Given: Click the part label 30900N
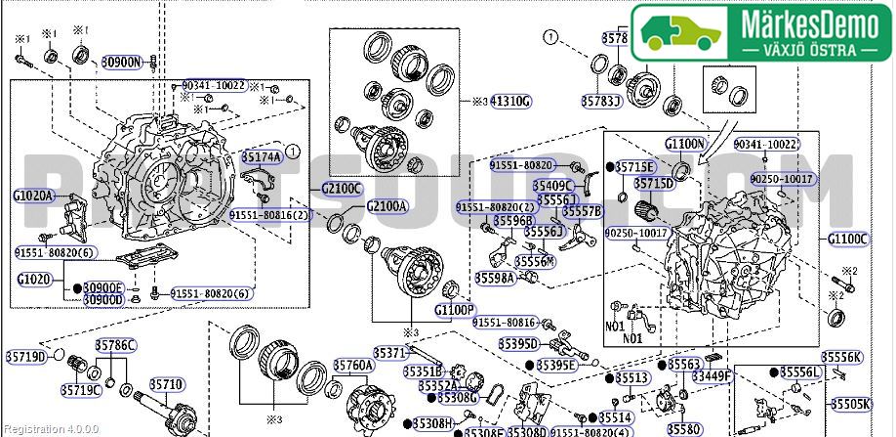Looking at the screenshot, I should click(122, 61).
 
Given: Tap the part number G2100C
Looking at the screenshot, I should click(342, 188).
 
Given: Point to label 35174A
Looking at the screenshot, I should click(261, 156).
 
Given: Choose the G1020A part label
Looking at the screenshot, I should click(33, 196).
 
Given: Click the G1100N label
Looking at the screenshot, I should click(685, 144).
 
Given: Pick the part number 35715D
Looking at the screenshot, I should click(654, 183).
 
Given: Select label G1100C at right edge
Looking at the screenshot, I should click(847, 238).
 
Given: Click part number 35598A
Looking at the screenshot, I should click(495, 278).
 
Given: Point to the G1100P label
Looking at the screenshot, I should click(454, 310).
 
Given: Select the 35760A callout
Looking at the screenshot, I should click(352, 365).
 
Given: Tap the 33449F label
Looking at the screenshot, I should click(712, 374).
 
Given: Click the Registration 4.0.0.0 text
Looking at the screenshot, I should click(43, 428).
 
